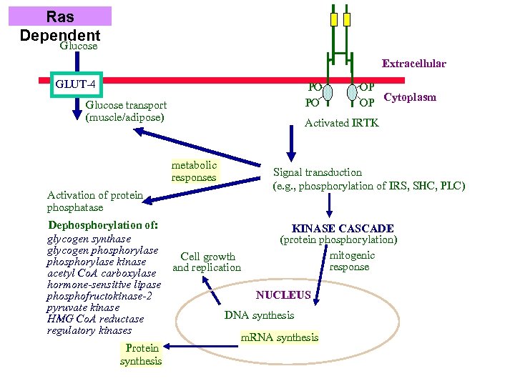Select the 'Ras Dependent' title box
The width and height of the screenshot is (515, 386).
(x=60, y=24)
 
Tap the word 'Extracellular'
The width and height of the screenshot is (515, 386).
(x=413, y=64)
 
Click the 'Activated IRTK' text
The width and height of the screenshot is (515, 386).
(x=341, y=123)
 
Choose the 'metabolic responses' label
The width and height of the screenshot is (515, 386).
(x=194, y=172)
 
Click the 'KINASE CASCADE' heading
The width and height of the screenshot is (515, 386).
(x=343, y=228)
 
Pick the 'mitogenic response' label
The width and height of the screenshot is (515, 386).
(x=351, y=261)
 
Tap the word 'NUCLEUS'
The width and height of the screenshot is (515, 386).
(x=283, y=295)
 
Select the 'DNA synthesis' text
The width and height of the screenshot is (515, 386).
(x=259, y=315)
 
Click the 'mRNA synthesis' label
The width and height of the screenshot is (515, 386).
(x=280, y=337)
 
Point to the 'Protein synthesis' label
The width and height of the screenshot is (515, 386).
(x=141, y=355)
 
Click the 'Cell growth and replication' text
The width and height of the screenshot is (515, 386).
(x=207, y=262)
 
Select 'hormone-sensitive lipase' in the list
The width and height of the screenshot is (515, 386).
(x=104, y=284)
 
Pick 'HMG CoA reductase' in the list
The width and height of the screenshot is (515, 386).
(x=95, y=319)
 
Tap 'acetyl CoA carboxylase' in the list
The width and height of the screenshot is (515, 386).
(x=101, y=273)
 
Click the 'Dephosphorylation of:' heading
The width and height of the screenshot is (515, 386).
(x=102, y=224)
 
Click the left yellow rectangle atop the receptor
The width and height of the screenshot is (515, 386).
(x=333, y=19)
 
